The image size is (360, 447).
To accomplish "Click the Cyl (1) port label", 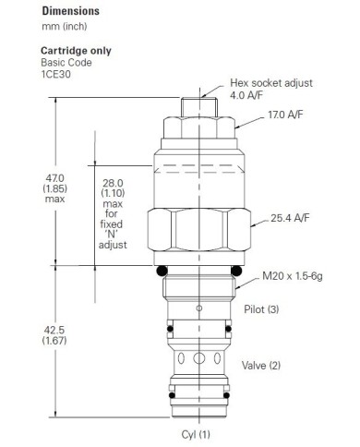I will pos(196,433).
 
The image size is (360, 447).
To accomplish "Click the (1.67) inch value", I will pos(56,340).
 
